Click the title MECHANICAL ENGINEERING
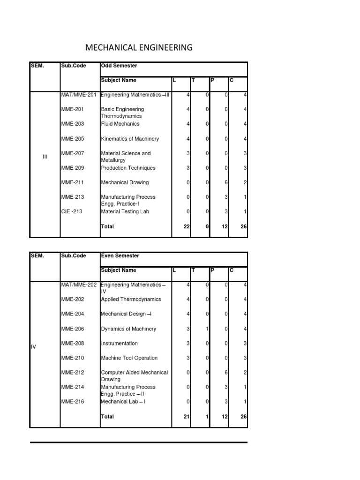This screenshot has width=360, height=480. (x=139, y=47)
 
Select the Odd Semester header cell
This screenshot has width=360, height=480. (x=119, y=66)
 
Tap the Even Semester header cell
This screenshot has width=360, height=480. (x=120, y=256)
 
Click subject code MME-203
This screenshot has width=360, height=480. (x=73, y=124)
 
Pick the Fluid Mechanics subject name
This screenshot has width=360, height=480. (x=120, y=124)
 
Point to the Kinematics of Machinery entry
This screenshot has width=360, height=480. (x=130, y=139)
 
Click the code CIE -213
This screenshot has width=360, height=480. (x=72, y=211)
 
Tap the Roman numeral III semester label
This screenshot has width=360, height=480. (x=45, y=157)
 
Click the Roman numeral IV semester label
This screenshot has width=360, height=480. (x=33, y=346)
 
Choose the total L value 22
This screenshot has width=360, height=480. (x=186, y=226)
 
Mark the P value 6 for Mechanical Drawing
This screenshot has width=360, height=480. (x=226, y=182)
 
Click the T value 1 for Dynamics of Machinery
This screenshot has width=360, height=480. (x=207, y=329)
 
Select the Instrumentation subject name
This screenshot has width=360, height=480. (x=120, y=343)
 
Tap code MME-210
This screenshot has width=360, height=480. (x=73, y=358)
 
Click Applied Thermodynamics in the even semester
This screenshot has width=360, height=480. (x=131, y=299)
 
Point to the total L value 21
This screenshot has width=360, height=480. (x=186, y=416)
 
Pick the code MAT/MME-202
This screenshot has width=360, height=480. (x=79, y=285)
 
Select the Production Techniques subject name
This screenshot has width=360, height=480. (x=128, y=168)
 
